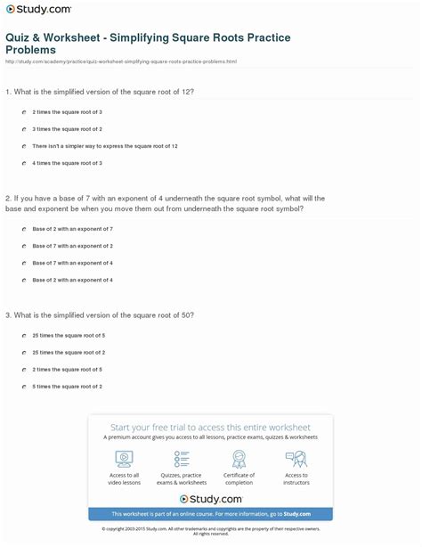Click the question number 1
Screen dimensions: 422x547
coord(7,92)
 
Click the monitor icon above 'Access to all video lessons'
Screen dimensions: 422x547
coord(125,458)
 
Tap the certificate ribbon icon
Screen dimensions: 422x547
coord(239,458)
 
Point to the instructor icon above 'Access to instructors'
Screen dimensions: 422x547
coord(296,458)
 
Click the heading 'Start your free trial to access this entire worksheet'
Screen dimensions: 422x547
coord(210,427)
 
